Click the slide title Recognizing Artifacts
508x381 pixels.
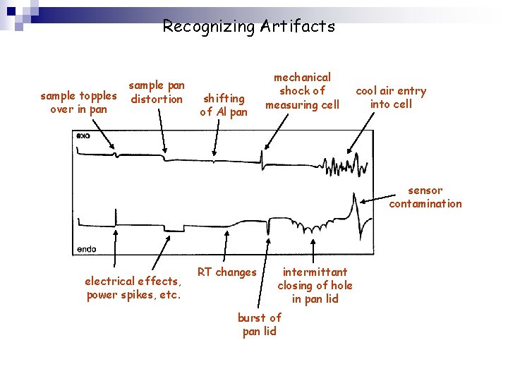point(248,27)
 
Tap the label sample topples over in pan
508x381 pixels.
point(79,102)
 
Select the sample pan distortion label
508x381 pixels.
point(157,92)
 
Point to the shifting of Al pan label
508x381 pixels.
point(224,105)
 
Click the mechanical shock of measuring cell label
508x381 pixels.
point(302,91)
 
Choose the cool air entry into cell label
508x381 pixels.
point(391,97)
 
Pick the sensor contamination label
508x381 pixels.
point(425,197)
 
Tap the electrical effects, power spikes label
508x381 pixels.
point(133,288)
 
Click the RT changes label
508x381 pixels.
point(226,272)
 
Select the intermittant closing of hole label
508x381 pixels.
point(315,285)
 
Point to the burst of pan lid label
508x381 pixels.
point(260,325)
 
